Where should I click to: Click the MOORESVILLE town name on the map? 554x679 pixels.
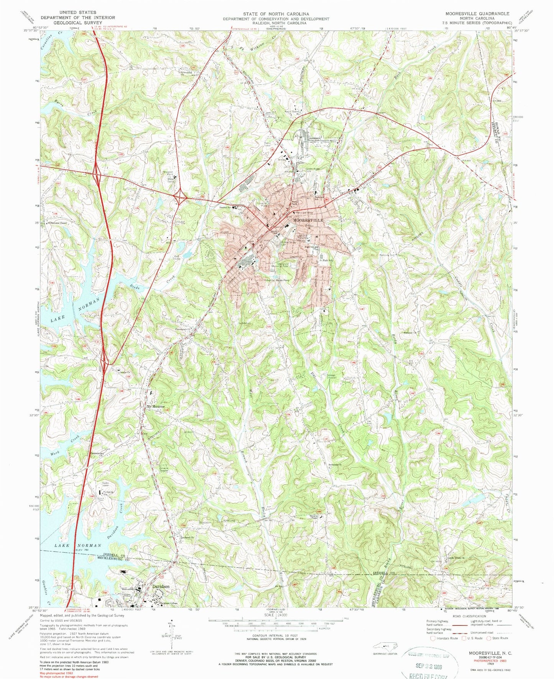tap(308, 221)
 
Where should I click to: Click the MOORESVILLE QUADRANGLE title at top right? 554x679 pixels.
tap(477, 13)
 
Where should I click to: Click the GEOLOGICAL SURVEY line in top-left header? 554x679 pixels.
tap(78, 23)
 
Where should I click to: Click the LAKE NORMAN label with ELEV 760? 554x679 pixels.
tap(78, 545)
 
